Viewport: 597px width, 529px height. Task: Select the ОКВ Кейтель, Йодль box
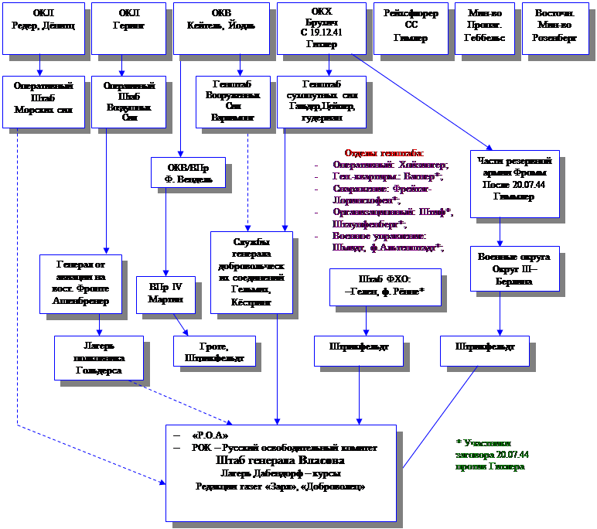[x=221, y=29]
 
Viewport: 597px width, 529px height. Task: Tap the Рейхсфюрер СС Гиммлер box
[x=411, y=29]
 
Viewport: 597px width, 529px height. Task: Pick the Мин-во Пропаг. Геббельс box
[x=485, y=29]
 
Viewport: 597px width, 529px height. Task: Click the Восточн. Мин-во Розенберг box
[x=555, y=29]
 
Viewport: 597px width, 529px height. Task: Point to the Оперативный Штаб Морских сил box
[x=43, y=101]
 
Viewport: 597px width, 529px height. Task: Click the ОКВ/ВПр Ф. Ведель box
[x=188, y=172]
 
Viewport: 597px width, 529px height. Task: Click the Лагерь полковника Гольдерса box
[x=99, y=357]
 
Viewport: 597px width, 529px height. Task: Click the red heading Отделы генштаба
[x=384, y=152]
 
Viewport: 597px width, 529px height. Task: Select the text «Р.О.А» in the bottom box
[x=210, y=435]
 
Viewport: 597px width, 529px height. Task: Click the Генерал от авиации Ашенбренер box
[x=81, y=283]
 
